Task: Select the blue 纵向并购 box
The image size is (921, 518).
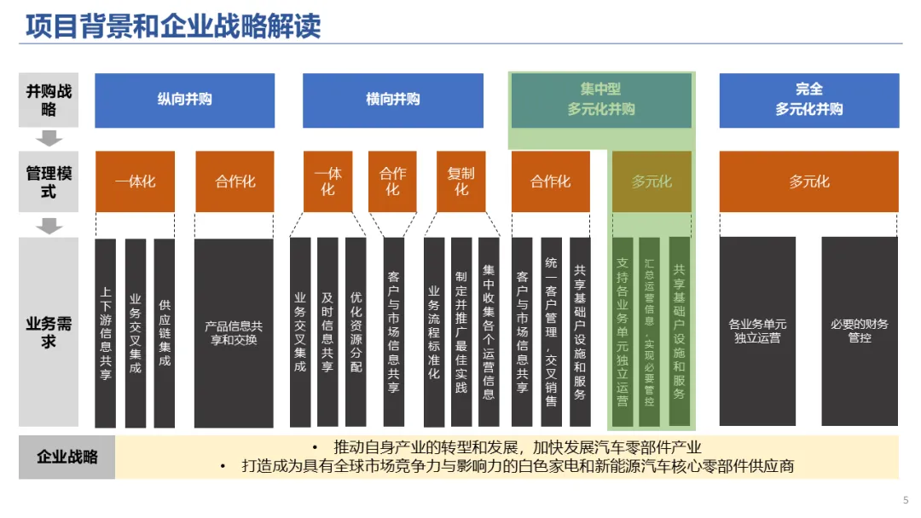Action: [x=184, y=100]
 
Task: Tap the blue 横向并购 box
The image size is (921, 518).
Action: [x=392, y=100]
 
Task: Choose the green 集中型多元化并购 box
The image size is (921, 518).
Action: [x=600, y=100]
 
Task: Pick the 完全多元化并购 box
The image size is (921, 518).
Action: [x=808, y=100]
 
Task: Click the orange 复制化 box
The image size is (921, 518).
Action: [x=460, y=181]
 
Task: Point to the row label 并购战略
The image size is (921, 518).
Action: [x=49, y=100]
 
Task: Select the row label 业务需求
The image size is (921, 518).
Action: [x=49, y=332]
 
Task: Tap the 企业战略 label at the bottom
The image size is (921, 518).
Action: [x=67, y=457]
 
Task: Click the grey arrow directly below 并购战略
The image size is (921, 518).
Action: [x=50, y=138]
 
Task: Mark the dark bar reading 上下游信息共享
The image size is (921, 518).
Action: [x=106, y=332]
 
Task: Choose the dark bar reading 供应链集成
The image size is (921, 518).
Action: [x=165, y=332]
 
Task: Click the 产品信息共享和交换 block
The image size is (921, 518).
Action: [x=234, y=332]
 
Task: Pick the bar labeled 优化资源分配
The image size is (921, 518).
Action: [x=356, y=332]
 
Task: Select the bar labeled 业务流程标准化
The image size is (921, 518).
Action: [x=434, y=332]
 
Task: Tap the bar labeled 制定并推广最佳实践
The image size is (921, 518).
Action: [x=461, y=332]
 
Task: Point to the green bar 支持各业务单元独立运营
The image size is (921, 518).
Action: [x=623, y=332]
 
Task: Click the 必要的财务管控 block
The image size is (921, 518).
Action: [x=859, y=331]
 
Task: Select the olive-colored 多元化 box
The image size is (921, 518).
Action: [x=652, y=181]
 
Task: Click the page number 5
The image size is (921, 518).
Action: [x=905, y=499]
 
